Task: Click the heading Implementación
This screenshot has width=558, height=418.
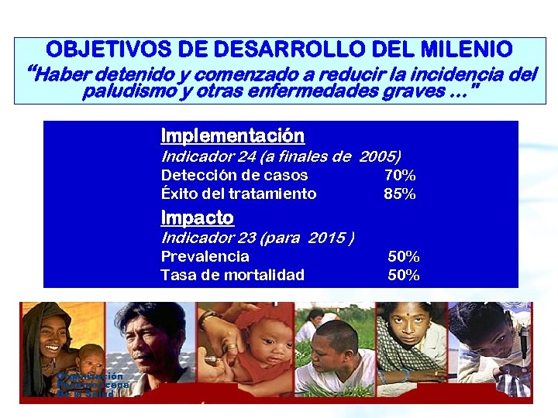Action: click(x=232, y=136)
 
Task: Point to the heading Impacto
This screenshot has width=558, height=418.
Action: click(x=197, y=218)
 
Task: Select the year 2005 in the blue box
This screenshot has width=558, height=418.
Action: click(x=380, y=156)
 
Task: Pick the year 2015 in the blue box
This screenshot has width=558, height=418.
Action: click(x=325, y=238)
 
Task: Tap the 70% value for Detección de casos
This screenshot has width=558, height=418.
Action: click(x=400, y=176)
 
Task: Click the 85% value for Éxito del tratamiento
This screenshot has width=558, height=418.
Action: click(x=400, y=194)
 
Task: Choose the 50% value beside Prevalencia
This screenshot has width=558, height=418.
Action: click(x=404, y=256)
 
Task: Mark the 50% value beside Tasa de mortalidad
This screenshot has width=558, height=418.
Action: click(x=404, y=275)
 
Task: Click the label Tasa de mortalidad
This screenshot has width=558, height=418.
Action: click(x=232, y=275)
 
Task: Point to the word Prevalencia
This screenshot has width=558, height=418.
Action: click(x=205, y=256)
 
